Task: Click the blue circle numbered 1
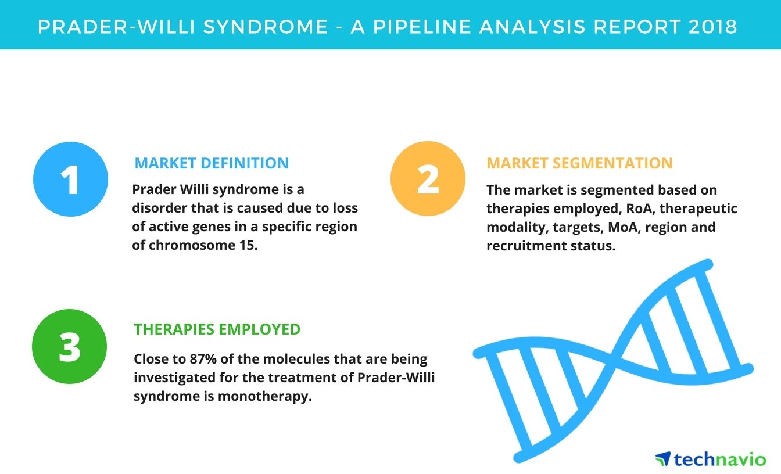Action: pyautogui.click(x=70, y=179)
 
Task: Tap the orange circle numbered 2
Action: pyautogui.click(x=428, y=178)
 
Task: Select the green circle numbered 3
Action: pyautogui.click(x=69, y=346)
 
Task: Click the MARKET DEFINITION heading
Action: pyautogui.click(x=212, y=163)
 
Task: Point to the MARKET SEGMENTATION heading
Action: pyautogui.click(x=579, y=163)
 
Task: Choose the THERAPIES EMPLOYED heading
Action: pyautogui.click(x=217, y=329)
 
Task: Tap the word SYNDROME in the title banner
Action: pyautogui.click(x=266, y=27)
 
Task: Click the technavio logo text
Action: pyautogui.click(x=720, y=459)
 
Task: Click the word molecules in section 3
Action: pyautogui.click(x=296, y=359)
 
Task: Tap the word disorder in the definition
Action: pyautogui.click(x=159, y=208)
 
